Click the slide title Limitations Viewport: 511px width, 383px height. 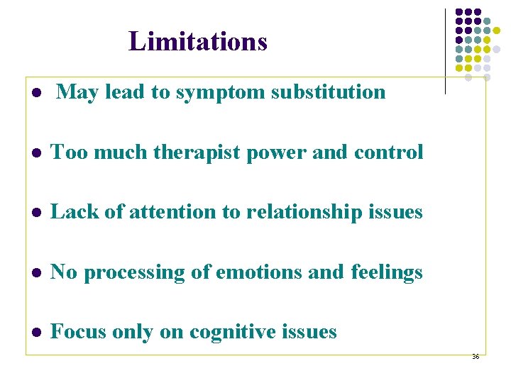[198, 42]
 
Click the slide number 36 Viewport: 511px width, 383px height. [475, 357]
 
